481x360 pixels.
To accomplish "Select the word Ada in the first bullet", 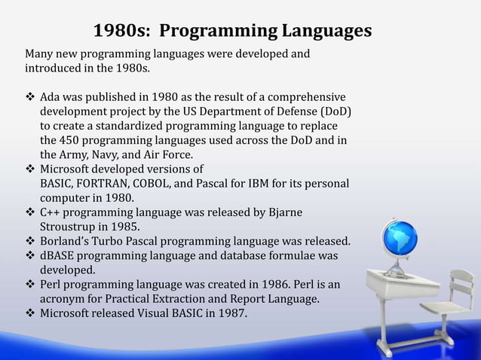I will click(x=51, y=97).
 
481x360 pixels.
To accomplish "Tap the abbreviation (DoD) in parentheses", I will click(x=333, y=111).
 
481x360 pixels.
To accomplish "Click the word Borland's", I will click(x=66, y=242).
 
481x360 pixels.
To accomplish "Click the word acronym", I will click(x=63, y=299).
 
